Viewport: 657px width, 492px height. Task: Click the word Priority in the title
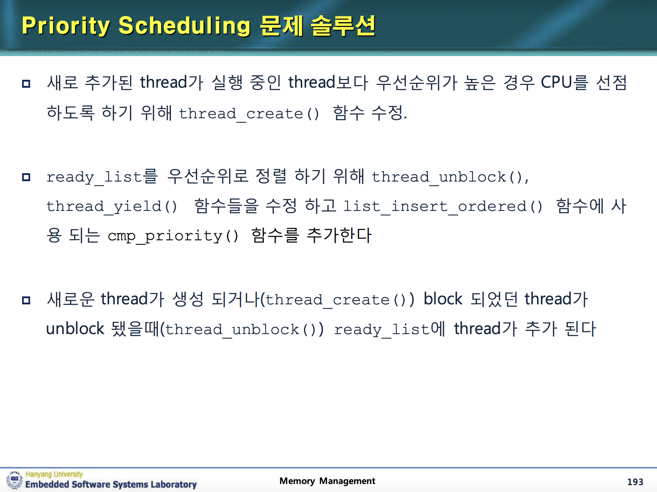click(66, 26)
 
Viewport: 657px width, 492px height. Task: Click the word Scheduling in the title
click(184, 26)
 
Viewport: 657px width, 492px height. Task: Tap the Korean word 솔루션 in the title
click(343, 26)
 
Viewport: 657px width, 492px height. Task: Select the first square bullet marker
click(26, 84)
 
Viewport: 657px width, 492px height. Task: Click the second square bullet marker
click(26, 177)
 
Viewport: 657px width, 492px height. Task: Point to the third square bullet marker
click(26, 300)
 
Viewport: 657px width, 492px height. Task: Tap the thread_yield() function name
click(112, 206)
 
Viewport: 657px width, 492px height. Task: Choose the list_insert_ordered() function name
click(442, 206)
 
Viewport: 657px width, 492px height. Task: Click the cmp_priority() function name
click(173, 236)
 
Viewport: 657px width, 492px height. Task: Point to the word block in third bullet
click(443, 299)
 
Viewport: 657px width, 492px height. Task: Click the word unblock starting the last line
click(75, 329)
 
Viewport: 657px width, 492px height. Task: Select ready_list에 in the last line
click(389, 329)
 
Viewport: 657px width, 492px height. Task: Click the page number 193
click(635, 482)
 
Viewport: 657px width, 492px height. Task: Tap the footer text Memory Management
click(327, 481)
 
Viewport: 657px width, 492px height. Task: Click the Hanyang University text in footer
click(54, 474)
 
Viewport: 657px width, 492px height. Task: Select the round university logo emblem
click(14, 480)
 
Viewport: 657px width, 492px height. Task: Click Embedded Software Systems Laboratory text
click(111, 484)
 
